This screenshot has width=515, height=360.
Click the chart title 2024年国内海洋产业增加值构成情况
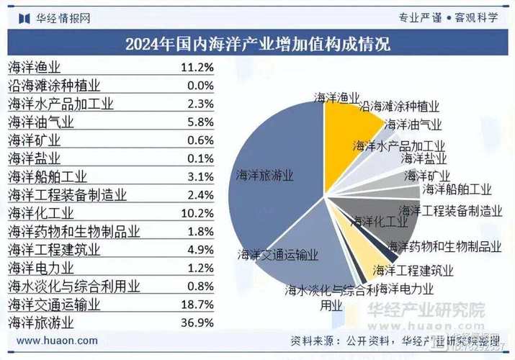[257, 43]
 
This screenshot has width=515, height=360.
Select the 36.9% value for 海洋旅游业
[197, 322]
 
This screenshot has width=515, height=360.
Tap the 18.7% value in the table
[197, 305]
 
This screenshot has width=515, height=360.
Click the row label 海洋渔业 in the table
[34, 68]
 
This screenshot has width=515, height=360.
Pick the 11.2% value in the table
[197, 68]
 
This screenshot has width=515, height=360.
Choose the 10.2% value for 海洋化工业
[197, 213]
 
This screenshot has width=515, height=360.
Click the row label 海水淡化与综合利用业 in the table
[73, 286]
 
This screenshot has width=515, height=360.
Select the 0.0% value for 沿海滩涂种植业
[200, 86]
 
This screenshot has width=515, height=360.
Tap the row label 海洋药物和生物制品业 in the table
[73, 231]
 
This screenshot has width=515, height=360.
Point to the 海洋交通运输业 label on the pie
[278, 254]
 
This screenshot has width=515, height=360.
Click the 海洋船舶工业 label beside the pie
[457, 189]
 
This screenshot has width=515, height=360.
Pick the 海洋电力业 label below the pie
[406, 289]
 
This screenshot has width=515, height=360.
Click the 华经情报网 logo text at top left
[63, 18]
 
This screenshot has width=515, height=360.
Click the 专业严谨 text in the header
[420, 18]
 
